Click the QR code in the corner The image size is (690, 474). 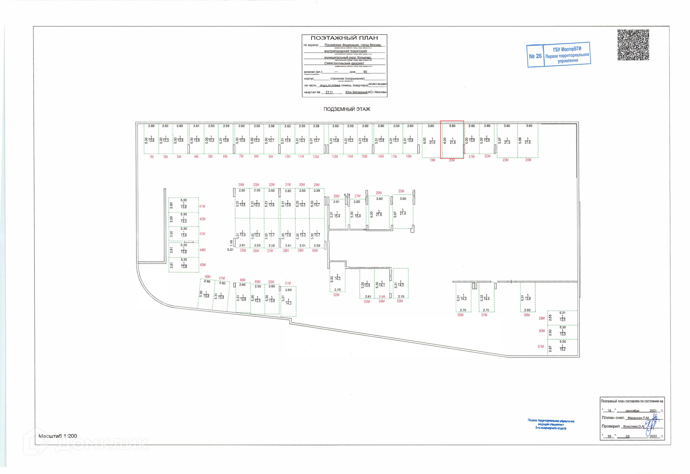point(633,45)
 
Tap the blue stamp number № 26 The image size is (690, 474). point(535,56)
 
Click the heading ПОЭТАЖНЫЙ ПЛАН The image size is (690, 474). point(344,38)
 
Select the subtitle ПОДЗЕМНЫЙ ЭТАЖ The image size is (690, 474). point(346,109)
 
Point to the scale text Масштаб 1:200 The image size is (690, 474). point(58,436)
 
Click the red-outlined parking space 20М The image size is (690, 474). point(452,140)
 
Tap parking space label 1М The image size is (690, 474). point(151,157)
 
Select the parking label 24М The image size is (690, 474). point(528,160)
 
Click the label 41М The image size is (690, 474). point(202,207)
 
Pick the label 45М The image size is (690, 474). point(203,265)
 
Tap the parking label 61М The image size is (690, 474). point(541,347)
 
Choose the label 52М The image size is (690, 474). point(336,295)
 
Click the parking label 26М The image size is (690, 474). point(379,193)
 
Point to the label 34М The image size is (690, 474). point(241,185)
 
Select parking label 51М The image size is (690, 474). point(288,283)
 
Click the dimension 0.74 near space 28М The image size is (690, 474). point(347,195)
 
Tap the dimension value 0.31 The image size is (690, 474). point(230,250)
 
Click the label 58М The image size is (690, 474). point(526,315)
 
